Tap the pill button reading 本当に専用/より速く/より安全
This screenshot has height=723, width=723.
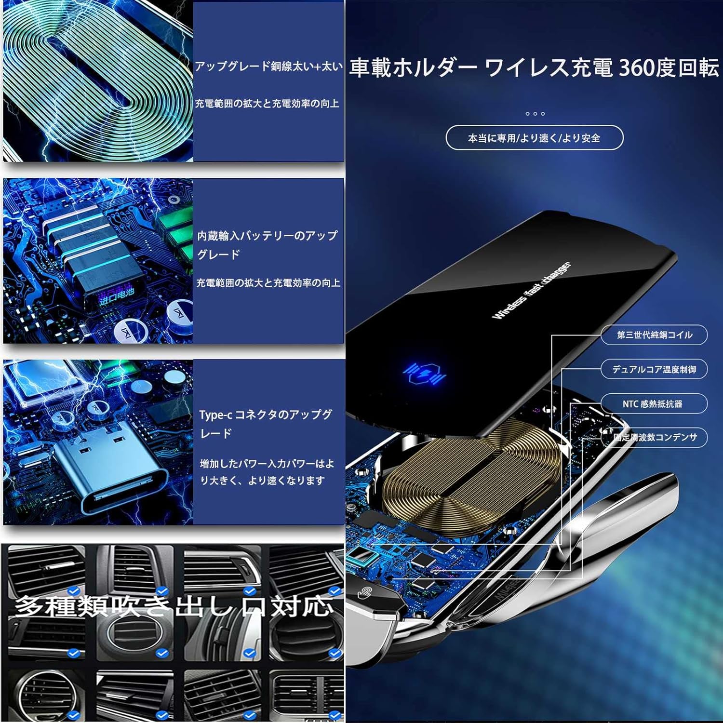click(534, 138)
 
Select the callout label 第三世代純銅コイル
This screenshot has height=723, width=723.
click(654, 335)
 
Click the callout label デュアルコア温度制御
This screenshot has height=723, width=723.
click(654, 370)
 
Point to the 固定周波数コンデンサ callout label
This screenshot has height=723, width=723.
click(655, 438)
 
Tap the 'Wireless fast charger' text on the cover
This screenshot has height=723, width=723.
click(530, 291)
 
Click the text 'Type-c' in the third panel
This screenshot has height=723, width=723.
click(215, 415)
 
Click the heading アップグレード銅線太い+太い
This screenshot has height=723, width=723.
click(268, 67)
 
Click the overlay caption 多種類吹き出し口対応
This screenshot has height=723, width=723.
click(174, 606)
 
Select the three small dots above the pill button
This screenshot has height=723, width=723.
click(535, 114)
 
